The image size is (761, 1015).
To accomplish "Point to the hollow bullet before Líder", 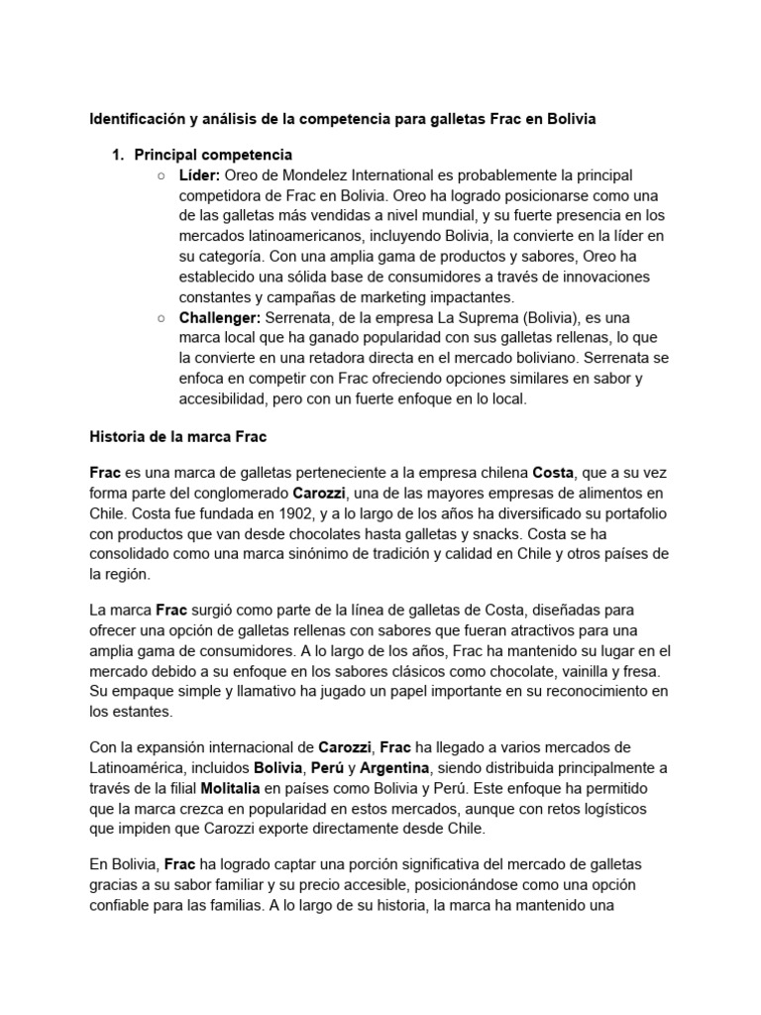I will [162, 175].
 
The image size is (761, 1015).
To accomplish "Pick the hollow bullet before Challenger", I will [162, 318].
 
